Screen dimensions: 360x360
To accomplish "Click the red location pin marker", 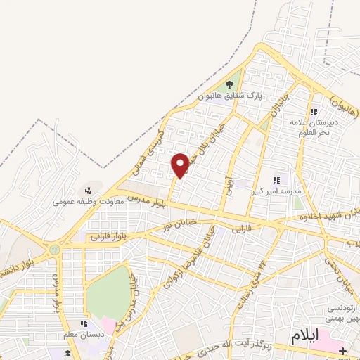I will pos(181,164).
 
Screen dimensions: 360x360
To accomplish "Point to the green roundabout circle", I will pos(54,250).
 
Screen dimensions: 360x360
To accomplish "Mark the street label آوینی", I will pos(227,184).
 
